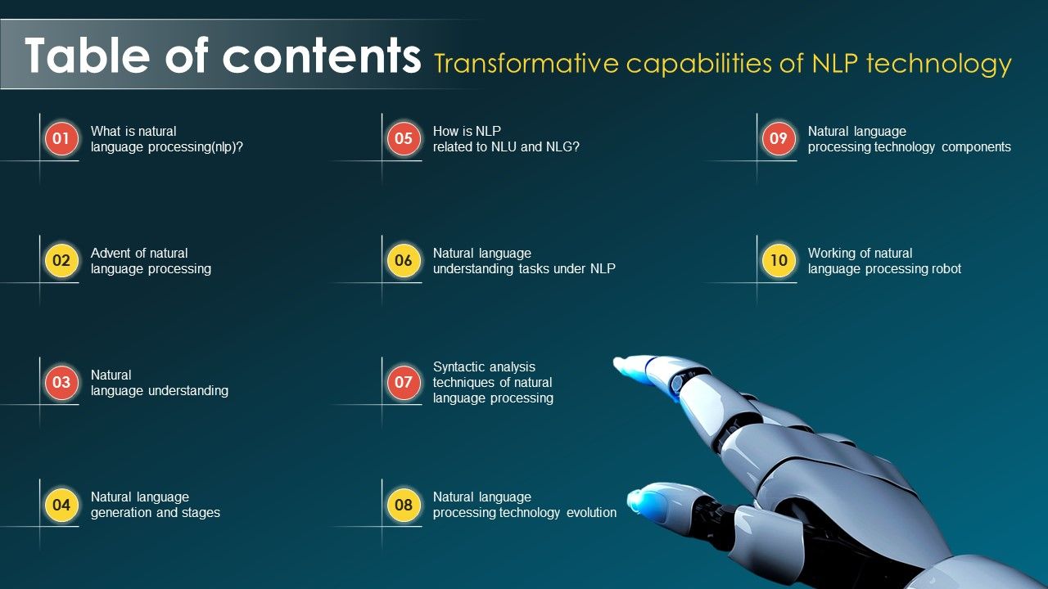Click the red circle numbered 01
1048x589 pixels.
pos(61,138)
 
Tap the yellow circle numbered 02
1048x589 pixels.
pos(61,260)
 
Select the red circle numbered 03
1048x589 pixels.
pos(61,382)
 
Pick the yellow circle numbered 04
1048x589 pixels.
pos(61,505)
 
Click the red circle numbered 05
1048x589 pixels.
pos(404,138)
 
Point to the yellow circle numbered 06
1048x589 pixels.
pos(404,260)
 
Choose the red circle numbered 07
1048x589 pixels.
pos(404,382)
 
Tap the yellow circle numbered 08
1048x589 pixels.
pos(404,505)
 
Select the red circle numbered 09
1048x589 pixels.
pos(779,138)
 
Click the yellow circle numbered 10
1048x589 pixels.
pos(779,260)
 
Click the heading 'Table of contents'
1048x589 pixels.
pos(223,55)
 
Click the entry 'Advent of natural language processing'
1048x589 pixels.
pos(151,261)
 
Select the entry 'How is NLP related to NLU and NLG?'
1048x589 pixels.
pos(506,139)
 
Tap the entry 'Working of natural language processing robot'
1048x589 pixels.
pos(884,261)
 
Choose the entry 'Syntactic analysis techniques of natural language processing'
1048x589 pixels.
pos(493,382)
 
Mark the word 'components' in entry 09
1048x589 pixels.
pos(976,147)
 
